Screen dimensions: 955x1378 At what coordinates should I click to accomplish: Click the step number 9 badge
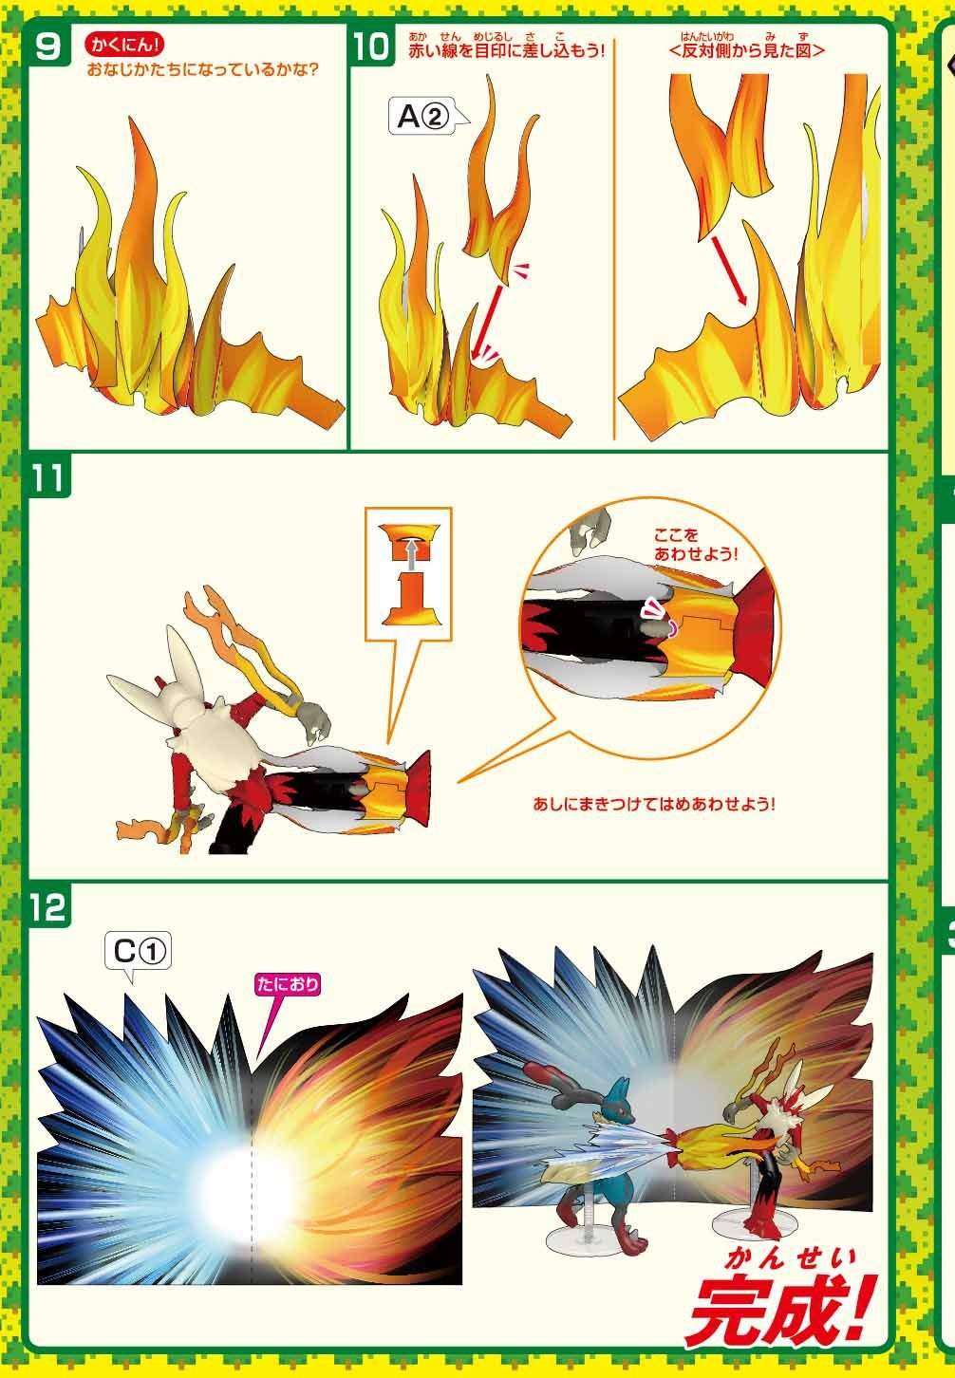pyautogui.click(x=48, y=45)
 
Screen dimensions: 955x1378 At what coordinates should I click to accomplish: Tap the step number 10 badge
pyautogui.click(x=372, y=45)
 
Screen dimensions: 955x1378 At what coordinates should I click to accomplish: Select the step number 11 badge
pyautogui.click(x=48, y=476)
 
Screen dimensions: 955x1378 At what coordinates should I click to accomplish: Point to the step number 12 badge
pyautogui.click(x=48, y=906)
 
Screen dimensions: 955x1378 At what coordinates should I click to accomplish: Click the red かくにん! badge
pyautogui.click(x=124, y=46)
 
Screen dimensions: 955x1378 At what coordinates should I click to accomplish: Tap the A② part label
pyautogui.click(x=423, y=116)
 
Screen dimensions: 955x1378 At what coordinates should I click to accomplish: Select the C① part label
pyautogui.click(x=139, y=954)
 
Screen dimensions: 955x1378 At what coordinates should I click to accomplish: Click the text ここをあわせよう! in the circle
pyautogui.click(x=695, y=545)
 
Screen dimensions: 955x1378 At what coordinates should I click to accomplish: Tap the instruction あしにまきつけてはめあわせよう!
pyautogui.click(x=653, y=804)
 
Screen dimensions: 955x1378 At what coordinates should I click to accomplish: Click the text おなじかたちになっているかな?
pyautogui.click(x=203, y=69)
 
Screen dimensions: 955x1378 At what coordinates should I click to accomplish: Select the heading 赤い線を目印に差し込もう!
pyautogui.click(x=507, y=50)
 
